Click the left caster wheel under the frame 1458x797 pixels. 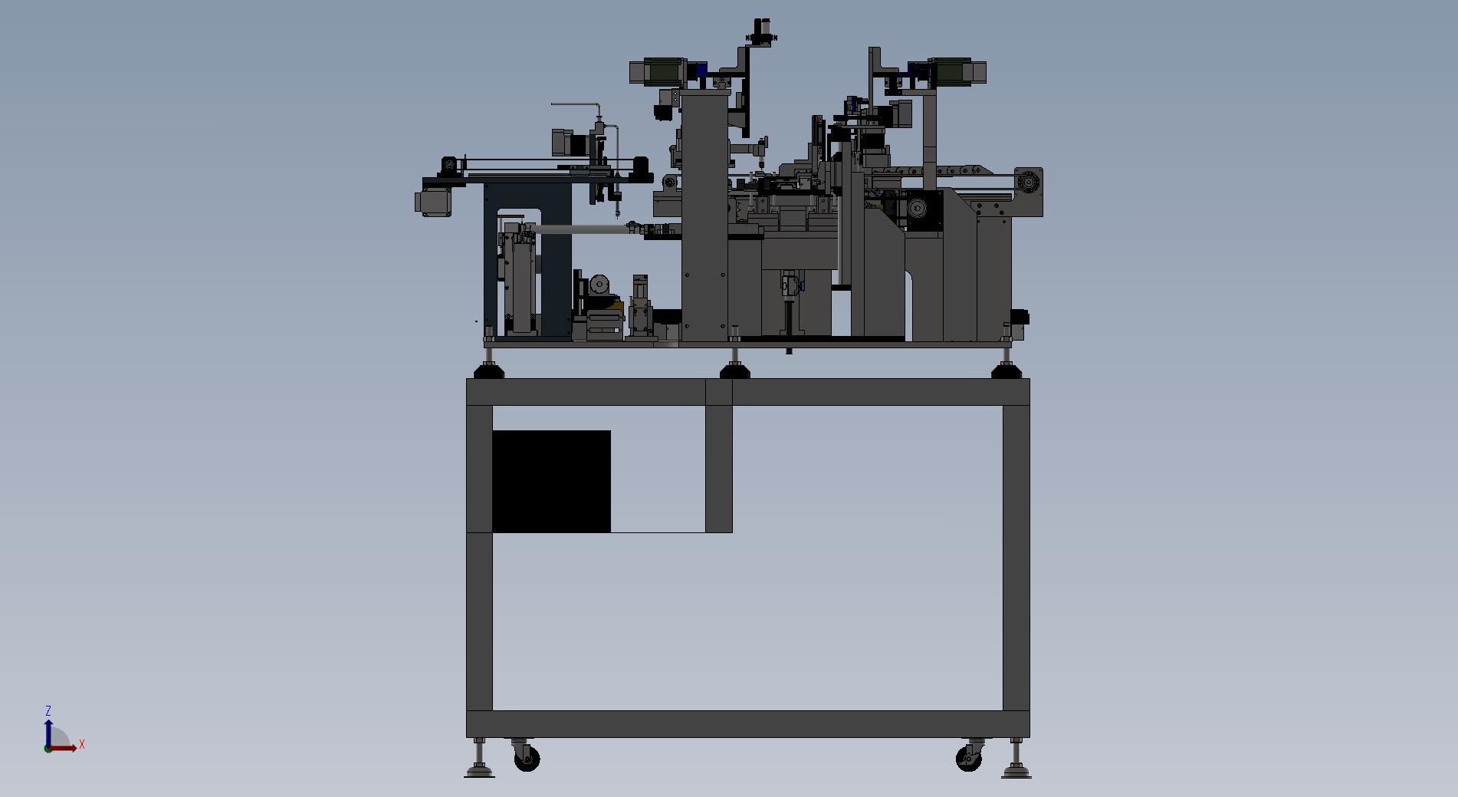pyautogui.click(x=527, y=759)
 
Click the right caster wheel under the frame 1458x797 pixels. pyautogui.click(x=968, y=759)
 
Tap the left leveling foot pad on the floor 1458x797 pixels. pyautogui.click(x=479, y=772)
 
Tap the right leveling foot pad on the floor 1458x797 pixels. pyautogui.click(x=1016, y=772)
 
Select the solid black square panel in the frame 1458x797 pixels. pyautogui.click(x=551, y=481)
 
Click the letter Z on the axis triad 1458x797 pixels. pyautogui.click(x=48, y=711)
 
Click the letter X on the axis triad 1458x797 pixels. pyautogui.click(x=82, y=744)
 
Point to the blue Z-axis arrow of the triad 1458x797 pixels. pyautogui.click(x=48, y=733)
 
